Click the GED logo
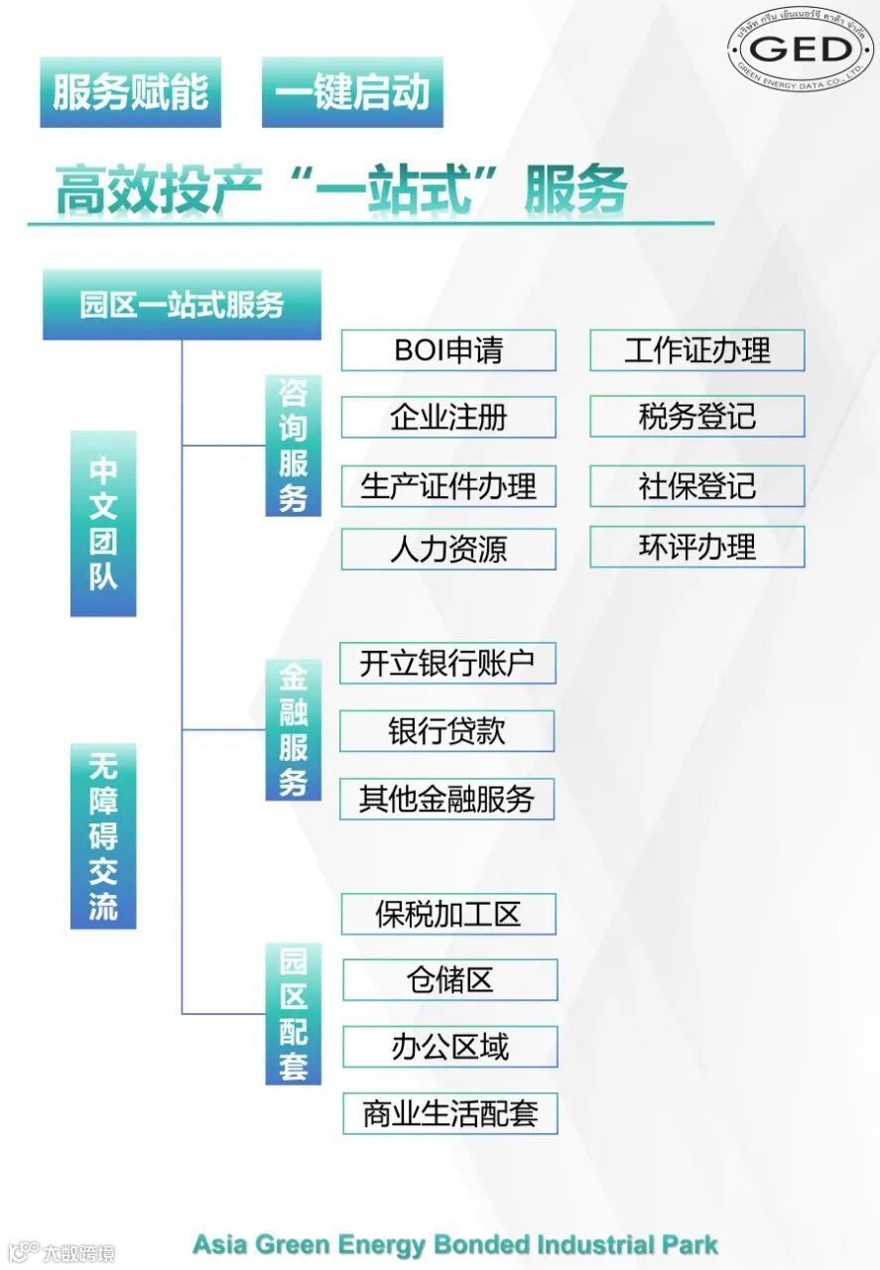(800, 49)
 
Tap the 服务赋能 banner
(130, 92)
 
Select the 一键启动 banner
(352, 92)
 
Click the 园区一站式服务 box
(182, 305)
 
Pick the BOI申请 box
(448, 350)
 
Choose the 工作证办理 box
(696, 350)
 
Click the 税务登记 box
(696, 417)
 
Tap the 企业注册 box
(448, 417)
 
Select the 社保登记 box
(696, 486)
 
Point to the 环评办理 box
(696, 548)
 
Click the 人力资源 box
(448, 550)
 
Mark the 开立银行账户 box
(447, 664)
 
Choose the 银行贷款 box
(446, 731)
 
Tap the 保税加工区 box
(448, 914)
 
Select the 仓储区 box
(449, 980)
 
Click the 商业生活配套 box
(449, 1113)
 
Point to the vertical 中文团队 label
(103, 523)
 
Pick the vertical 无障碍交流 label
(103, 835)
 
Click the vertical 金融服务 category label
(293, 730)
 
